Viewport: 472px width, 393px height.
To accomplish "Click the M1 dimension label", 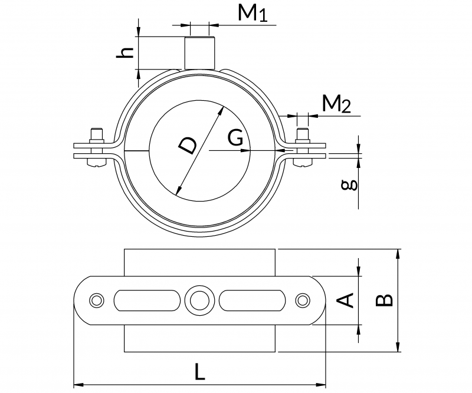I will (x=253, y=14).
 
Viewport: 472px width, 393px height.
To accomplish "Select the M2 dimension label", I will (x=337, y=104).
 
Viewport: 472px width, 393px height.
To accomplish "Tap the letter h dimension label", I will (x=124, y=52).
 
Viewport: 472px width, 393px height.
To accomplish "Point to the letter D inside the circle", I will (x=188, y=144).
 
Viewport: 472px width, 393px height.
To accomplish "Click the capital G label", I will (x=235, y=138).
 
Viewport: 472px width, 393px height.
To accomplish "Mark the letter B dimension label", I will (x=385, y=300).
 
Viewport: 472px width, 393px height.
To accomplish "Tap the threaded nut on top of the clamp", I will (x=198, y=53).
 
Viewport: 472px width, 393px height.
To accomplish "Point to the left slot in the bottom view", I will (x=146, y=300).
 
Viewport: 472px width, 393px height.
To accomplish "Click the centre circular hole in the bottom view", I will (x=199, y=300).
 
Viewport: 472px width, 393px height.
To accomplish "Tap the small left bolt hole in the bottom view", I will (x=96, y=300).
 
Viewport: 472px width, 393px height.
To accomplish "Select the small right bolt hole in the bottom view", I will (x=303, y=300).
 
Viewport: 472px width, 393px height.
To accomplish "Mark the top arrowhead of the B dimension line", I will (x=399, y=253).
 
